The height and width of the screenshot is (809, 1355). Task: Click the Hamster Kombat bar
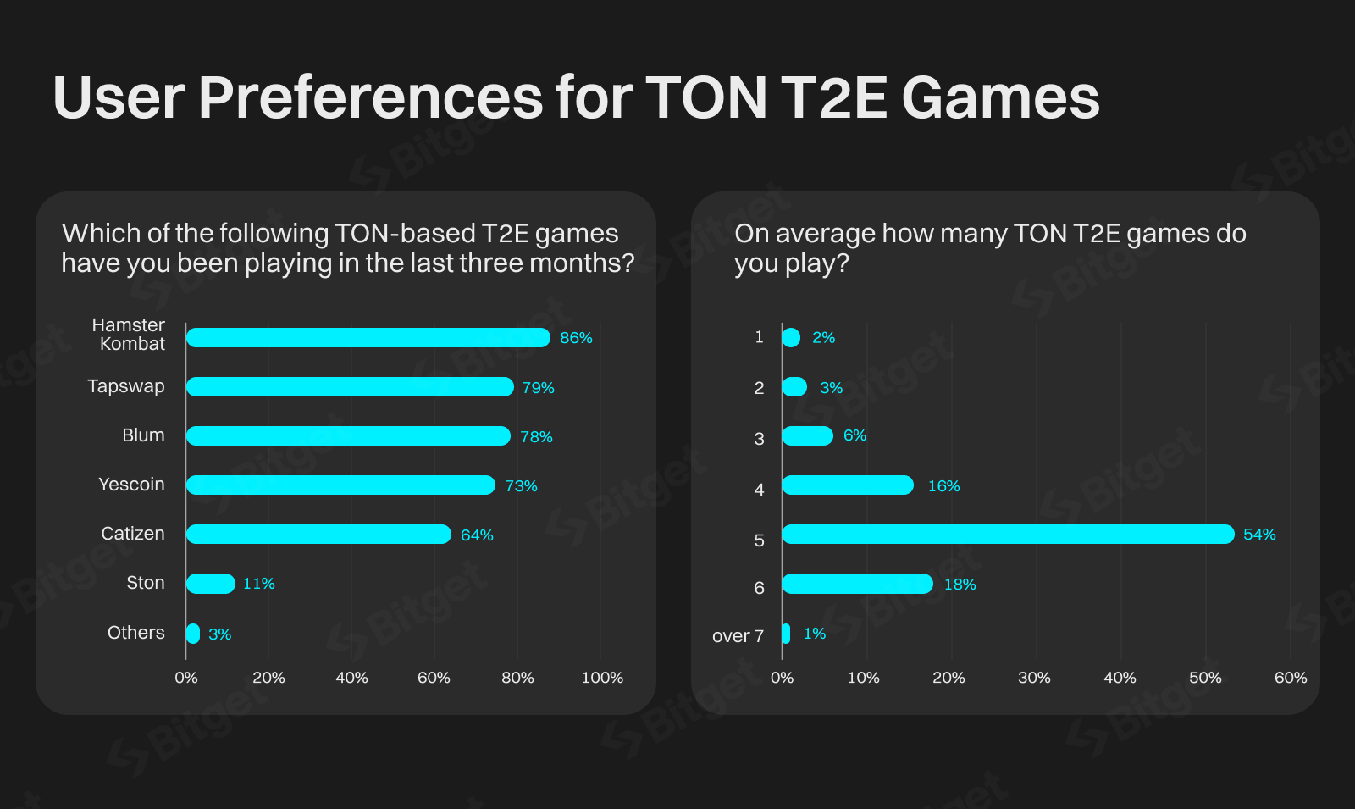(x=368, y=337)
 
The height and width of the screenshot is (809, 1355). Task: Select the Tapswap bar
(x=350, y=387)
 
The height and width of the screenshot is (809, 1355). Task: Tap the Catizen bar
(x=318, y=535)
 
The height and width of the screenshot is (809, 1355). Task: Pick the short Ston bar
(x=210, y=584)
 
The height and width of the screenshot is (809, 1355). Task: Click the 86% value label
(x=576, y=338)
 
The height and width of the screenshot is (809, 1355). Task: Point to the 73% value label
(x=521, y=486)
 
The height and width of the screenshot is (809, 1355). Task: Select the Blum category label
(x=143, y=435)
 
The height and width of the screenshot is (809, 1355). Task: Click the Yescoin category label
(x=131, y=485)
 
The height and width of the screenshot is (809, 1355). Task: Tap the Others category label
(x=135, y=633)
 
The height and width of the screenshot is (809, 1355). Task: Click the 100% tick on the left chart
(x=602, y=678)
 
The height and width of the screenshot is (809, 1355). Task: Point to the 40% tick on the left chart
(x=351, y=678)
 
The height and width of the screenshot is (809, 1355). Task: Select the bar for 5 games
(x=1008, y=535)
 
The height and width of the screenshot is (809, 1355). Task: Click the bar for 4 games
(x=848, y=485)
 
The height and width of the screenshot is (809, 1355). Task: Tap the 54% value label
(x=1259, y=535)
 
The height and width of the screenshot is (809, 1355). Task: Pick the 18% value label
(x=960, y=585)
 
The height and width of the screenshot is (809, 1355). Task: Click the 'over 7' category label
(x=738, y=636)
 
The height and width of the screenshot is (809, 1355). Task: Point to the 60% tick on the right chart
(x=1291, y=678)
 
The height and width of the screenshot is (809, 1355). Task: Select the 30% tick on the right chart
(x=1034, y=678)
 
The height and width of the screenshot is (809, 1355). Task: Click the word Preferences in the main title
(x=370, y=97)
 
